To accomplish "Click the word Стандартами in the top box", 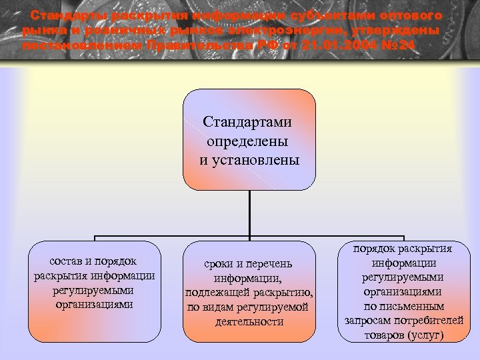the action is (249, 123).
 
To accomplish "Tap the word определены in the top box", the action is (249, 141).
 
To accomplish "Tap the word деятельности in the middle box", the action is (249, 321).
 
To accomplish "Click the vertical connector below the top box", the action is (249, 213).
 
